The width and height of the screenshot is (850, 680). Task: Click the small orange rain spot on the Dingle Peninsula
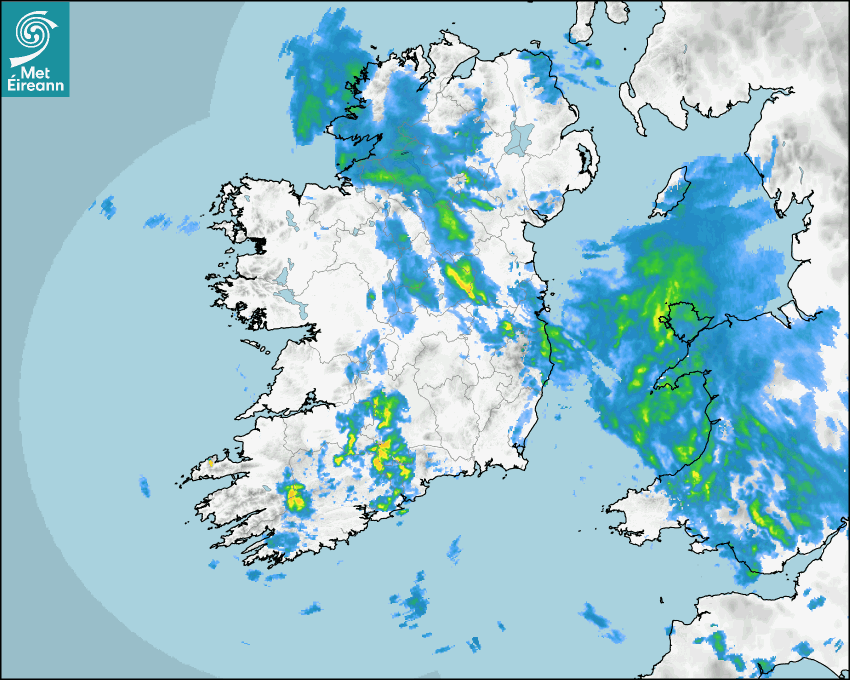coord(211,462)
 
